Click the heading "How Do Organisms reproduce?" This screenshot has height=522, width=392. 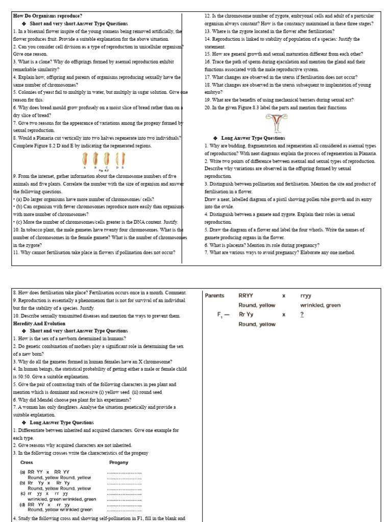pyautogui.click(x=47, y=16)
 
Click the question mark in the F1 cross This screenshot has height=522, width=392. pyautogui.click(x=302, y=315)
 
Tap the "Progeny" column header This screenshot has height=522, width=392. pyautogui.click(x=119, y=462)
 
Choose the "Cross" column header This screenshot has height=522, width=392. pyautogui.click(x=27, y=462)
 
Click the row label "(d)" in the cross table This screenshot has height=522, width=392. pyautogui.click(x=22, y=505)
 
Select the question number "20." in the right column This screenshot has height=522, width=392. pyautogui.click(x=208, y=108)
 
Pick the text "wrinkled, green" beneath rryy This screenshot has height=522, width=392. pyautogui.click(x=320, y=305)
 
